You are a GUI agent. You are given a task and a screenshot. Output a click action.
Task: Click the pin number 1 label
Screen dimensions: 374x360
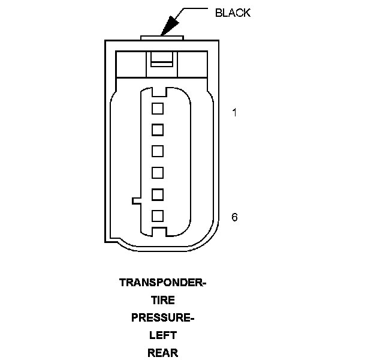234,112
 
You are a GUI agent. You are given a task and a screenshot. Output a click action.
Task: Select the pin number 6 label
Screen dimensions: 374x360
234,217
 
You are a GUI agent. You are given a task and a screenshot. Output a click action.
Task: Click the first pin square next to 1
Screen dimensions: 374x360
158,109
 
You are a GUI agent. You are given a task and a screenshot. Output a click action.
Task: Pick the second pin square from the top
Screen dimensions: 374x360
158,130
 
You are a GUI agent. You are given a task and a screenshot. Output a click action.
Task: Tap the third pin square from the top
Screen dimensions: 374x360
158,151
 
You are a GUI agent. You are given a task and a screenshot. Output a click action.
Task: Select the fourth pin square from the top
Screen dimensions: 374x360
158,173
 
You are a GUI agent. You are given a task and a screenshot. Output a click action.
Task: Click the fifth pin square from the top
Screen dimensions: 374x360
158,194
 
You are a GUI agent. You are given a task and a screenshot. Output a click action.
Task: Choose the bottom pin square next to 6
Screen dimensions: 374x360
158,215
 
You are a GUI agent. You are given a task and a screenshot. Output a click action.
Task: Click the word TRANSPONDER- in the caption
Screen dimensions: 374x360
162,283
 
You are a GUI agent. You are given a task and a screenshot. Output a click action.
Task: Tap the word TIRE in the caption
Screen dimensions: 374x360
162,300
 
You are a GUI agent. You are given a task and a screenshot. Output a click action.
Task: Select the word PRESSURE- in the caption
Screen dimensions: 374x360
162,317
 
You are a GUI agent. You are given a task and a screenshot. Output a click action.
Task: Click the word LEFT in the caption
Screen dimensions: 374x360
162,335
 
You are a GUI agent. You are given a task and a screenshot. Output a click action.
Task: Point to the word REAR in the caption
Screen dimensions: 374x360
162,352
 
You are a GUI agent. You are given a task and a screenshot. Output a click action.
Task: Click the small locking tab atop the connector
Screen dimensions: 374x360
162,38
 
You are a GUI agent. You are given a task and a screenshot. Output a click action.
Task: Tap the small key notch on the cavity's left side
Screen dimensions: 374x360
135,200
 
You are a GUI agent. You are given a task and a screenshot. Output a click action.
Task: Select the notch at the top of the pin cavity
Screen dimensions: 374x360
158,92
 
